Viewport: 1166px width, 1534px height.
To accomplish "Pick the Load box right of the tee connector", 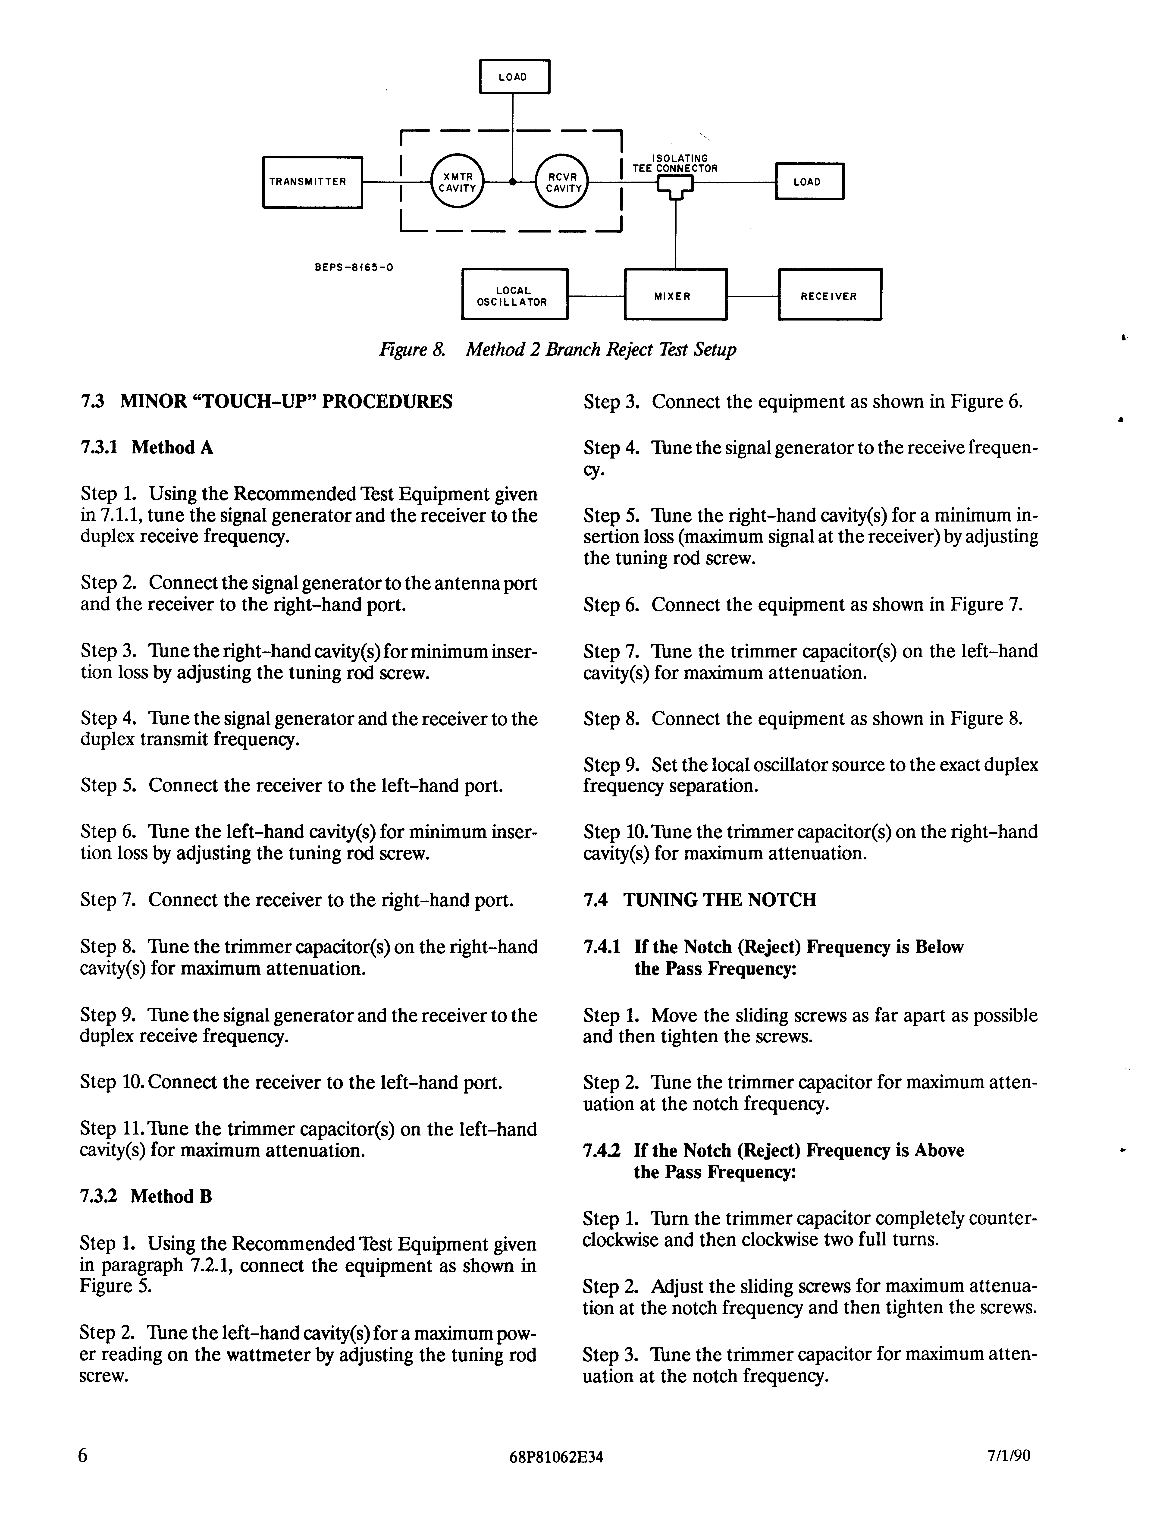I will [x=809, y=182].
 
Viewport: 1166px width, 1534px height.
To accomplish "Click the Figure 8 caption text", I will [x=557, y=349].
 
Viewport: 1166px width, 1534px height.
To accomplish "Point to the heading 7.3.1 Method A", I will [x=147, y=448].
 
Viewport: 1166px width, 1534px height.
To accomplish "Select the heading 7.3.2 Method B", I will [x=146, y=1196].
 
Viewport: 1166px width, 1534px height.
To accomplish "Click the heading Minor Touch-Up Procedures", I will [x=266, y=401].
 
